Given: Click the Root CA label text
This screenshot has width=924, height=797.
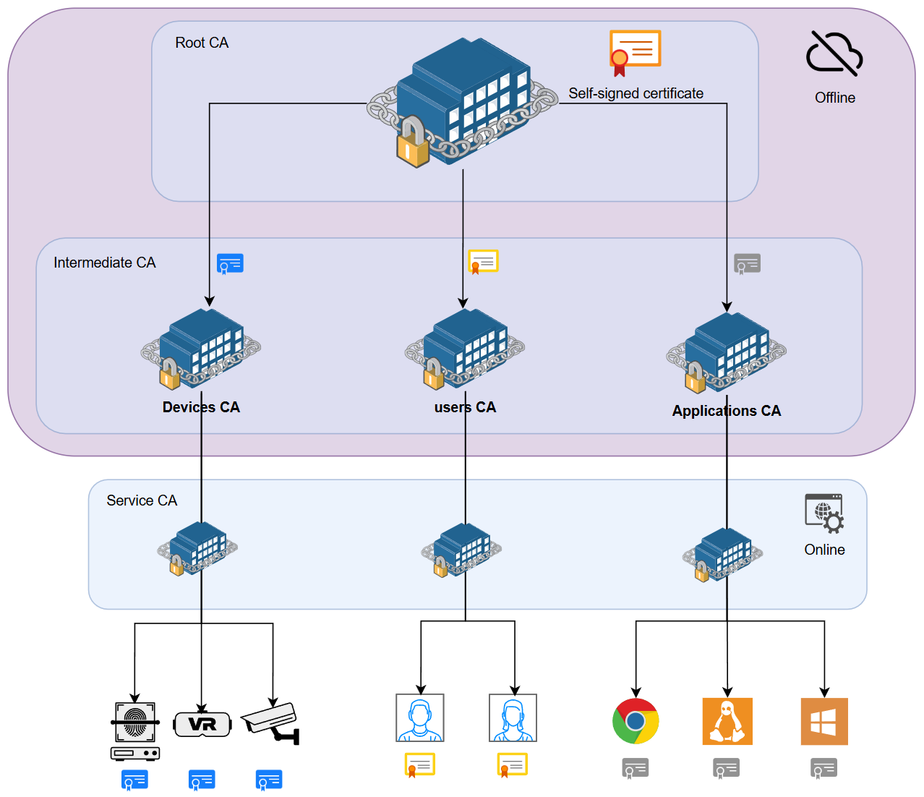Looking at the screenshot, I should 202,43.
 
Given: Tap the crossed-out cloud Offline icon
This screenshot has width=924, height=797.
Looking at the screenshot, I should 834,54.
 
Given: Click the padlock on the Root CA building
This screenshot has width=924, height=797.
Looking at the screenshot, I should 413,143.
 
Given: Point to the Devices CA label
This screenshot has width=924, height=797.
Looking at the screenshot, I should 201,407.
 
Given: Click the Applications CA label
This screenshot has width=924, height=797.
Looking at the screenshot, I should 726,411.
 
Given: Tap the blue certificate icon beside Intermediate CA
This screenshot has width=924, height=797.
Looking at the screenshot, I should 230,264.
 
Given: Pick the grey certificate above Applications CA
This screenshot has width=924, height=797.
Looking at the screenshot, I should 747,264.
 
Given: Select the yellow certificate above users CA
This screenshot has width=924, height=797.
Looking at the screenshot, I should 483,262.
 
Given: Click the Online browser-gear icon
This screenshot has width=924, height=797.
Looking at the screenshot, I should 824,513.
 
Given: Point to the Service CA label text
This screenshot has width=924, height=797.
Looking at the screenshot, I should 142,500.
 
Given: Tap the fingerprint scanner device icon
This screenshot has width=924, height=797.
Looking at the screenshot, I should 135,730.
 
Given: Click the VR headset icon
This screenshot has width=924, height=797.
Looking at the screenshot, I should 202,724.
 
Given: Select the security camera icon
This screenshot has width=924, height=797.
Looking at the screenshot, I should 271,723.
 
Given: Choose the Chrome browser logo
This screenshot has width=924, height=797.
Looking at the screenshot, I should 636,721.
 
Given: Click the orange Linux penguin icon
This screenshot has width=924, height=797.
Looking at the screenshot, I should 727,721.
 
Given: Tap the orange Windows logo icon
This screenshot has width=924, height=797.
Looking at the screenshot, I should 824,721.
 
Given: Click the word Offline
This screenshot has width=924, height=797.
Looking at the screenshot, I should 834,98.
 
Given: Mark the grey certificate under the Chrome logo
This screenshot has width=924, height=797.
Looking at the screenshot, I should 636,768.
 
